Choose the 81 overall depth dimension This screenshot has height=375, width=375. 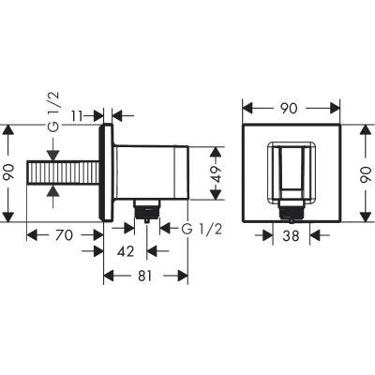pyautogui.click(x=144, y=276)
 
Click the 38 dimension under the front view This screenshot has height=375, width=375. pyautogui.click(x=293, y=238)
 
